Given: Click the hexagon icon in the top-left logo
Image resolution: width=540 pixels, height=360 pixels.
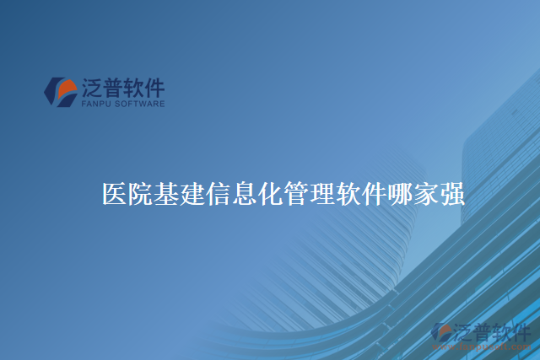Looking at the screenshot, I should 60,92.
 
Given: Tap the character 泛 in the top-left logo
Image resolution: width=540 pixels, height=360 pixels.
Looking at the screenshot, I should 92,88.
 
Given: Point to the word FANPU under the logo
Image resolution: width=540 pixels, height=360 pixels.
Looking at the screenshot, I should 94,105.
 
